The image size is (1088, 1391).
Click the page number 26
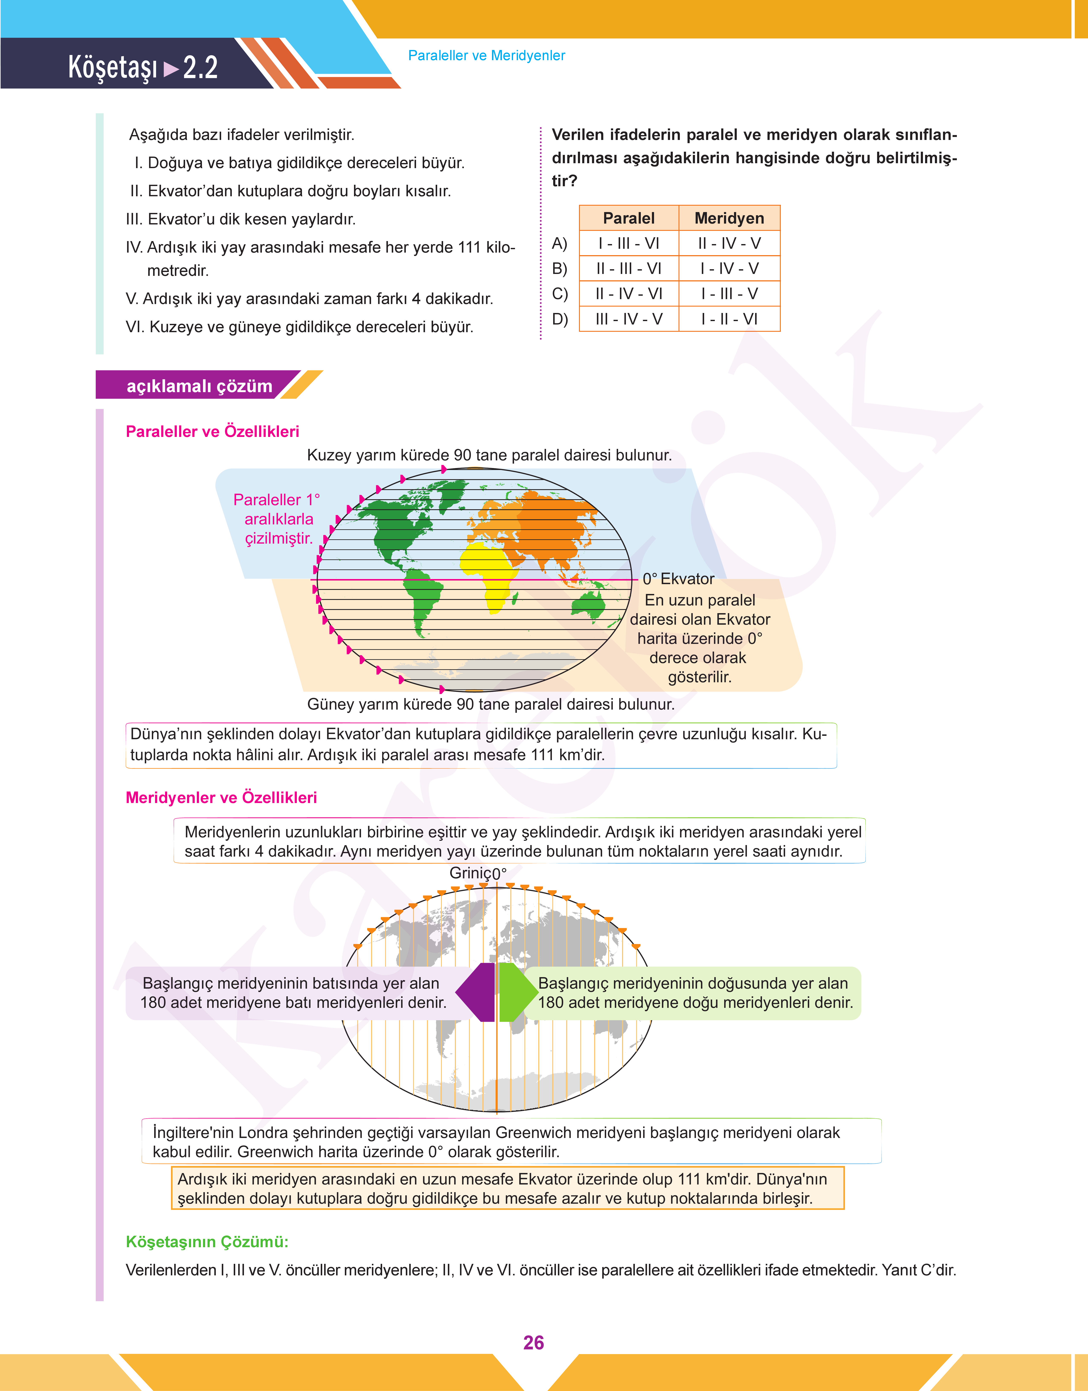click(533, 1343)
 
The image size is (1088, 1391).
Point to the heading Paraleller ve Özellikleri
click(212, 431)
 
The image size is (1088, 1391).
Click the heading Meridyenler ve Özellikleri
click(221, 798)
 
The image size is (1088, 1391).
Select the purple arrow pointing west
click(476, 992)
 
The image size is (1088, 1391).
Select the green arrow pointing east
click(516, 992)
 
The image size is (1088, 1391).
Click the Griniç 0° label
click(478, 873)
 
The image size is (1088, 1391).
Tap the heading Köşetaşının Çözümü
click(207, 1242)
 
